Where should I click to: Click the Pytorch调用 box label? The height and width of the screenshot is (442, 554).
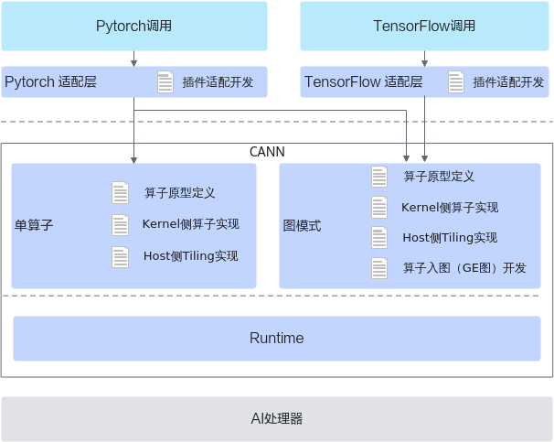[x=133, y=26]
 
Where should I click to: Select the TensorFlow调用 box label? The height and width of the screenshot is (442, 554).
[x=424, y=26]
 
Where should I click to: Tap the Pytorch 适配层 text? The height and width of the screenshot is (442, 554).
[x=50, y=81]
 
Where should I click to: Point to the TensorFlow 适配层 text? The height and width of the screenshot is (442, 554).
[x=364, y=81]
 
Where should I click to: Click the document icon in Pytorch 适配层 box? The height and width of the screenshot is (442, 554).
[x=165, y=82]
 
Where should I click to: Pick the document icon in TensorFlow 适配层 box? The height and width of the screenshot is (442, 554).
[x=456, y=82]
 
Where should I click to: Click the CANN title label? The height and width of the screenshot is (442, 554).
[x=267, y=152]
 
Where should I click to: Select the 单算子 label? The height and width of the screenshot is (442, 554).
[x=34, y=225]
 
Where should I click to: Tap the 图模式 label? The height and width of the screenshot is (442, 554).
[x=302, y=226]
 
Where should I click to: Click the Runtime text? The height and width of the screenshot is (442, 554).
[x=277, y=338]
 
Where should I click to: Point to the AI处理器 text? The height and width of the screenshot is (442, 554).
[x=277, y=418]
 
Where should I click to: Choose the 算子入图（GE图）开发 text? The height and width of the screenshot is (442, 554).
[x=464, y=268]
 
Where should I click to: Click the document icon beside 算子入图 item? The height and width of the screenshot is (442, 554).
[x=379, y=268]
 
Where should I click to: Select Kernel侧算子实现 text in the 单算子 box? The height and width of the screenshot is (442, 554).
[x=191, y=224]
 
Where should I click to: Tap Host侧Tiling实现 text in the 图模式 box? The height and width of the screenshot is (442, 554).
[x=450, y=238]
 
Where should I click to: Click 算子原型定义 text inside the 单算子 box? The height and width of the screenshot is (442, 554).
[x=180, y=193]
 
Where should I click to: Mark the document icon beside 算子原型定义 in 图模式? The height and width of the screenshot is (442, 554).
[x=379, y=177]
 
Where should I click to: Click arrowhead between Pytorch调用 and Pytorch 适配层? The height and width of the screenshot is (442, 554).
[x=133, y=63]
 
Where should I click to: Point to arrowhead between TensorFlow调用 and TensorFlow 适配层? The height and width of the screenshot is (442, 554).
[x=425, y=63]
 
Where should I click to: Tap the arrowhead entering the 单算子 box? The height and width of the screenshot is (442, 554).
[x=133, y=160]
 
